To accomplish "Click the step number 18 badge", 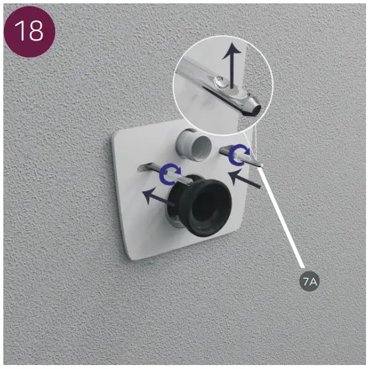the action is [x=29, y=32].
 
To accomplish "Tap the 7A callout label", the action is [x=310, y=281].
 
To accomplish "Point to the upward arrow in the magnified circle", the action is [x=232, y=66].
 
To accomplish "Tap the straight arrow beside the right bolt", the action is [x=244, y=179].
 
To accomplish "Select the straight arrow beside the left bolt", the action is [x=158, y=196].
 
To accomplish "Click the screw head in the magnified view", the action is [x=221, y=82].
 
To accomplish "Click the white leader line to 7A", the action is [x=281, y=216].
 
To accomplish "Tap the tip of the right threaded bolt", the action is [x=261, y=165].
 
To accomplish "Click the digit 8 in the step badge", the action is [x=35, y=31].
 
